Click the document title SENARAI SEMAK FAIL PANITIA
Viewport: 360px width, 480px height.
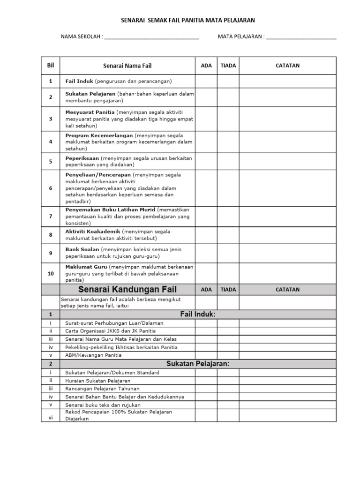[x=188, y=21]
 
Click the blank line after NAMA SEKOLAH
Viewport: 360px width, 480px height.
[x=151, y=37]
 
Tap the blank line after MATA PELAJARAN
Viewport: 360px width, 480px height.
[x=301, y=37]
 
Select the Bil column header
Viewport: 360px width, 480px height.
[x=51, y=66]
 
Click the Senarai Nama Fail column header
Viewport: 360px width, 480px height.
[x=127, y=66]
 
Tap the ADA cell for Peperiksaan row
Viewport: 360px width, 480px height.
[x=206, y=162]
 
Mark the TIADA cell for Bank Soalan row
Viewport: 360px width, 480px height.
[x=228, y=253]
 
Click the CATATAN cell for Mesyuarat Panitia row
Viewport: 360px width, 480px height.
[x=287, y=119]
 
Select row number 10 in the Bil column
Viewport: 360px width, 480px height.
[x=51, y=273]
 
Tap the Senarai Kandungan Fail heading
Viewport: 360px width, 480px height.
[x=127, y=289]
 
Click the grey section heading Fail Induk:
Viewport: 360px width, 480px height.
[x=197, y=314]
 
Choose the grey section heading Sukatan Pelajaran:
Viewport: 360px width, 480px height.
[x=197, y=364]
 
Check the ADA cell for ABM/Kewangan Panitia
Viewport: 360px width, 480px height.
[x=206, y=355]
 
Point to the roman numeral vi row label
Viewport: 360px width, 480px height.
[x=51, y=417]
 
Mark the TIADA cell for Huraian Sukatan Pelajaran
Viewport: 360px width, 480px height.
[x=228, y=381]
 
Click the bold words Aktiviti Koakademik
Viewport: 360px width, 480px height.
[x=93, y=232]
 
